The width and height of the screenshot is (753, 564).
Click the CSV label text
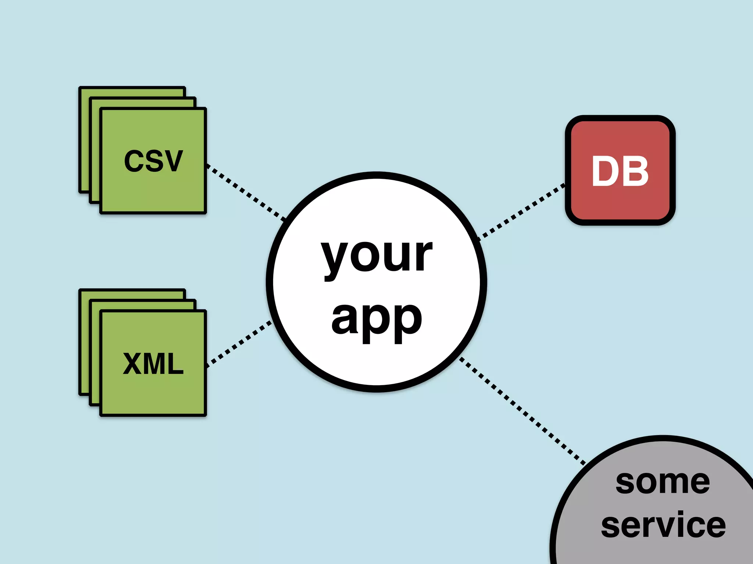153,161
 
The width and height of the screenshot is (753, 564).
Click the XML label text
153,364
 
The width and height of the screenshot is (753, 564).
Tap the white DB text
620,171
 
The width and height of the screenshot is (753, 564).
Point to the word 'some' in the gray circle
663,482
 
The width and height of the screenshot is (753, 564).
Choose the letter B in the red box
636,171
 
